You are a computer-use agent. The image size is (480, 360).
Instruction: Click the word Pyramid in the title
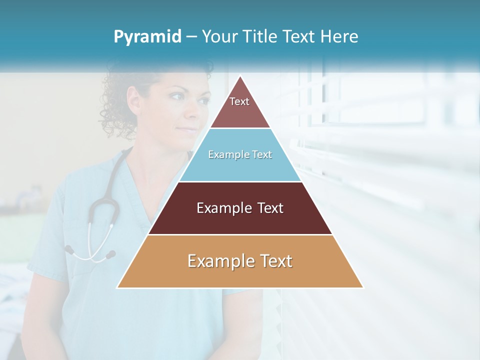pos(147,37)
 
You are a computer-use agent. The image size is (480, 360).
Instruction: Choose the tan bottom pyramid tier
pos(240,267)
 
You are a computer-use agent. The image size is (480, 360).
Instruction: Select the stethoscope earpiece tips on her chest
pos(90,253)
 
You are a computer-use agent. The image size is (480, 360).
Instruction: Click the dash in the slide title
pos(191,37)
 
